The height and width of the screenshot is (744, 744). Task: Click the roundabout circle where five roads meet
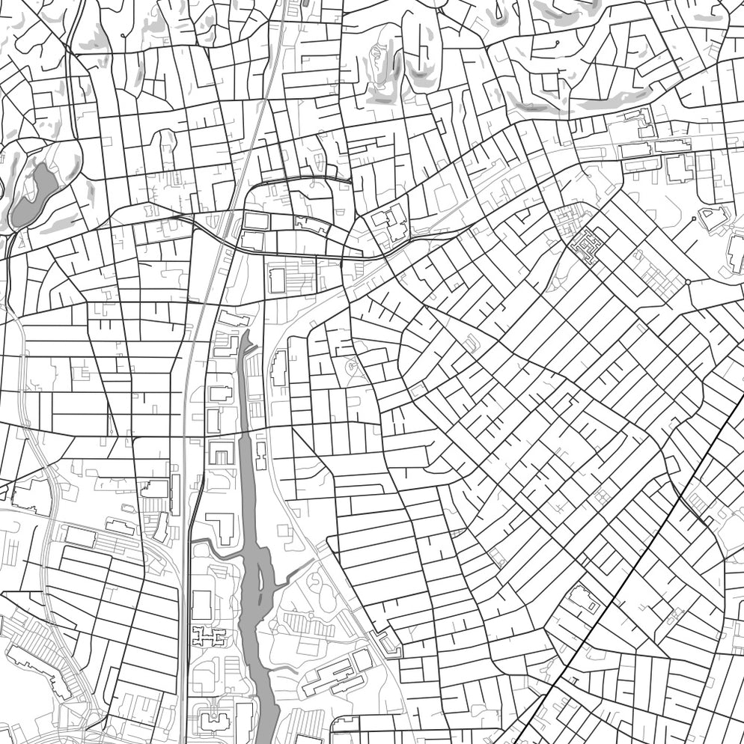(687, 282)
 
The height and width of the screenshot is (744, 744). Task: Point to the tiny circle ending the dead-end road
(695, 219)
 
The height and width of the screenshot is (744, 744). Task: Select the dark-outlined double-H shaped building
(204, 637)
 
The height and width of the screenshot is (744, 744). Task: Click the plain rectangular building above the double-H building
(201, 603)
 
